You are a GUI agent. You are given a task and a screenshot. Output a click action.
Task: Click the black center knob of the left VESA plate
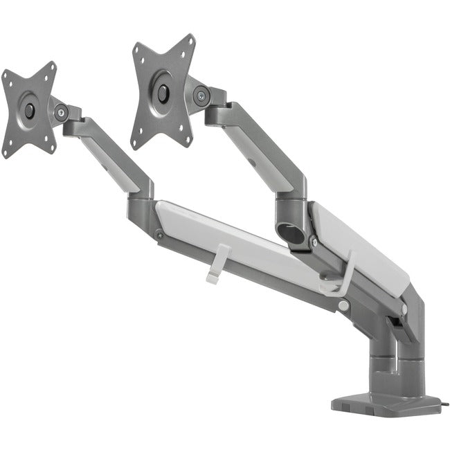[29, 109]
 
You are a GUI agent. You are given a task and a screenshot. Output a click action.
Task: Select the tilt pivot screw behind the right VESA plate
[201, 96]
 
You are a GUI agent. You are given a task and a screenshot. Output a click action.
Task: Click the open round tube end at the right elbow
[292, 231]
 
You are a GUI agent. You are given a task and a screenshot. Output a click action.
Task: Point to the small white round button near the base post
[344, 306]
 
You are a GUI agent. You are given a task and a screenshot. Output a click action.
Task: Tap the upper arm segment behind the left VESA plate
[111, 152]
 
